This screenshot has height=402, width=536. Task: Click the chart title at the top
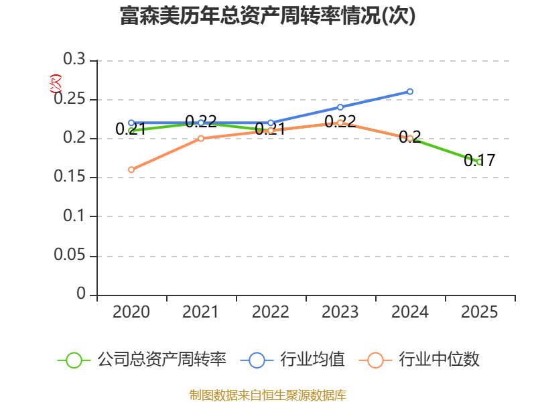[267, 15]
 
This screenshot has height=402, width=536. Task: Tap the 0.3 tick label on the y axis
[74, 59]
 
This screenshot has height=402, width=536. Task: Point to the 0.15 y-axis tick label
[70, 176]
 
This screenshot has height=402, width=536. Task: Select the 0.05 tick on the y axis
[70, 255]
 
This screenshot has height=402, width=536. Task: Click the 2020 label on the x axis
[131, 312]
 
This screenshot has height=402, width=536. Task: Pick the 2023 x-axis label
[340, 312]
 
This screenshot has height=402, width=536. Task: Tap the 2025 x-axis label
[480, 312]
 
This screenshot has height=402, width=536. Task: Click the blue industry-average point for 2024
[410, 92]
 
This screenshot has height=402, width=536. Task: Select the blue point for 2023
[340, 107]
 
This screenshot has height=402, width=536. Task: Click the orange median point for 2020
[131, 170]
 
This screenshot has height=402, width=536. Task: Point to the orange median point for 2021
[201, 139]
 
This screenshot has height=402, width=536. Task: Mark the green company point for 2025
[480, 161]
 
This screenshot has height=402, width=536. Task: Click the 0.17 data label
[480, 160]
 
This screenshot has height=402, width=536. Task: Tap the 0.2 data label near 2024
[410, 137]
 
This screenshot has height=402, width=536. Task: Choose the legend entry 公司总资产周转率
[142, 360]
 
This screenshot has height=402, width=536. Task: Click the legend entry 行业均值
[293, 360]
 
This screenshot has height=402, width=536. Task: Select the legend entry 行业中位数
[419, 360]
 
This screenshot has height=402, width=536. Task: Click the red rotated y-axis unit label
[56, 84]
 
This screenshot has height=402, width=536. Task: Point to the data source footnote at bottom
[268, 395]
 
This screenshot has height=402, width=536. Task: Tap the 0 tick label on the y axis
[81, 293]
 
